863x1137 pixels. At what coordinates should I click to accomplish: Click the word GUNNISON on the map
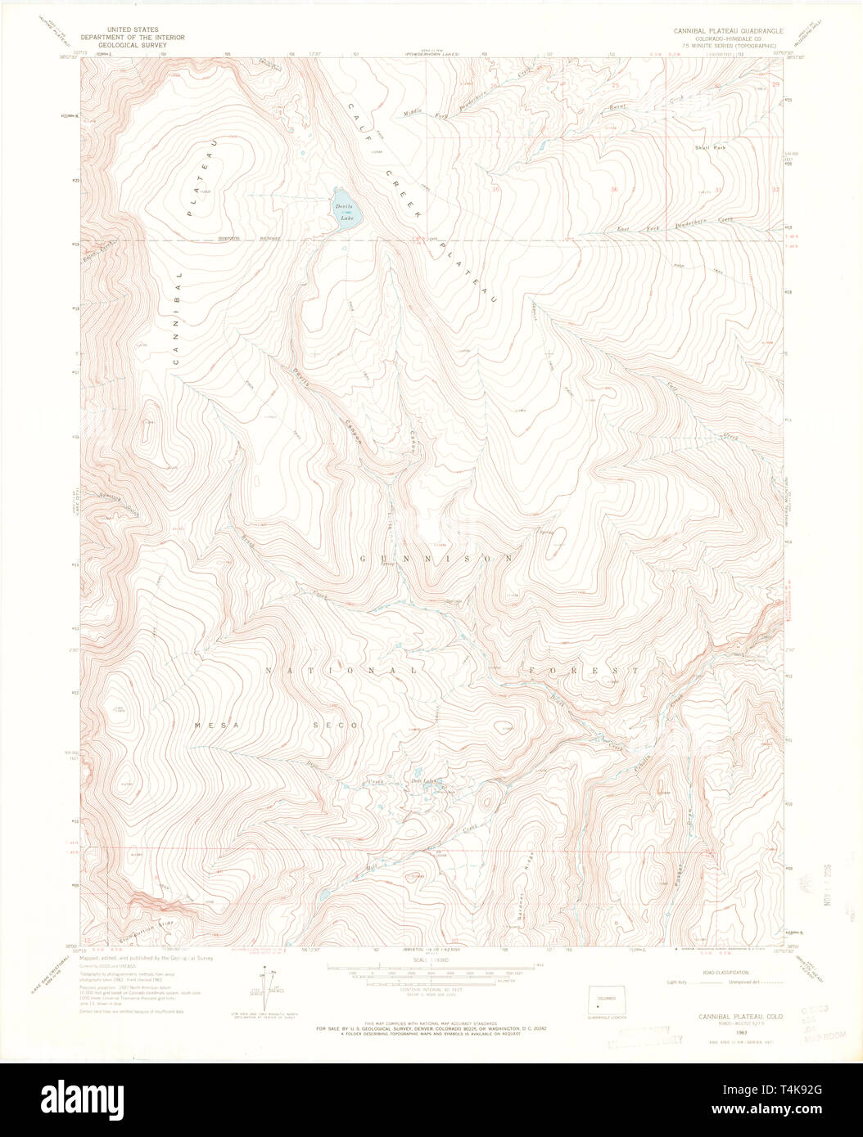(437, 558)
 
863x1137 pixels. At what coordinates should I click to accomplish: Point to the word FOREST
(583, 670)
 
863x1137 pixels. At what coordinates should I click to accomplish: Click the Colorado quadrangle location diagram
(607, 999)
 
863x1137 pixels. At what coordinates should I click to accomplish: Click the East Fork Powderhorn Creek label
(675, 225)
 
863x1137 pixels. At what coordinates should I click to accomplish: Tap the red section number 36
(614, 190)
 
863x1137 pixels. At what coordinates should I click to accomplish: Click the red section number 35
(497, 190)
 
